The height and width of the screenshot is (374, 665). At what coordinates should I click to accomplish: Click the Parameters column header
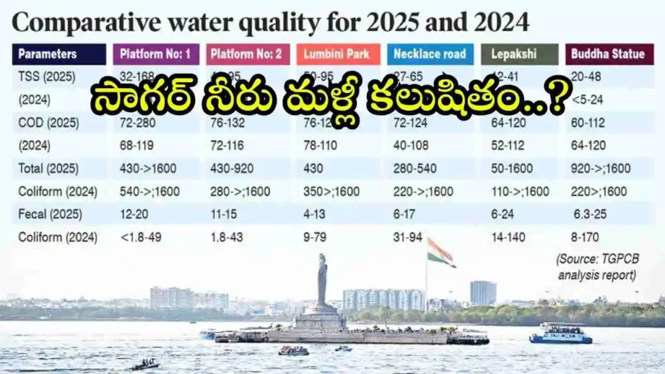pyautogui.click(x=58, y=54)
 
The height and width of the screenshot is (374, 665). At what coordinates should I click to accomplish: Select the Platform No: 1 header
pyautogui.click(x=155, y=54)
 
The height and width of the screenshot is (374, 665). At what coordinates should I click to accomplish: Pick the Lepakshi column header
pyautogui.click(x=519, y=54)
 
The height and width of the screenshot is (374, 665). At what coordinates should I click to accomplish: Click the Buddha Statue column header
pyautogui.click(x=609, y=54)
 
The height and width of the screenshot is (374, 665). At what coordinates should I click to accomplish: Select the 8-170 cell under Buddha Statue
pyautogui.click(x=585, y=238)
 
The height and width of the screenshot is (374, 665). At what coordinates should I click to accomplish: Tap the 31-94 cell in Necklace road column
pyautogui.click(x=408, y=238)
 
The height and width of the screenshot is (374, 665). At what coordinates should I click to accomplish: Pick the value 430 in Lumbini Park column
pyautogui.click(x=314, y=169)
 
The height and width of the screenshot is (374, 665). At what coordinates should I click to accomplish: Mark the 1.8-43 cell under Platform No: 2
pyautogui.click(x=227, y=238)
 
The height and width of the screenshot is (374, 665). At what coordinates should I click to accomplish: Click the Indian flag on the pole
pyautogui.click(x=440, y=252)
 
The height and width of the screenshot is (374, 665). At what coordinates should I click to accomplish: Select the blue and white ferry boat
pyautogui.click(x=560, y=334)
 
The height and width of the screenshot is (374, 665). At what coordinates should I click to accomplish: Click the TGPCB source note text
pyautogui.click(x=598, y=266)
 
